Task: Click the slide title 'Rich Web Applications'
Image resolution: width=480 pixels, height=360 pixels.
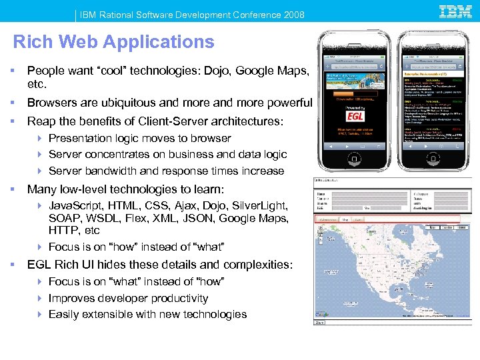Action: point(114,42)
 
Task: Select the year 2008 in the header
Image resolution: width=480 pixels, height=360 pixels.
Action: point(293,15)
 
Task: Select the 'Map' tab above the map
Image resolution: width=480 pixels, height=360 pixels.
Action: point(345,219)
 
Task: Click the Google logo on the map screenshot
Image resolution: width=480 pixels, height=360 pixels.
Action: point(322,313)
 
